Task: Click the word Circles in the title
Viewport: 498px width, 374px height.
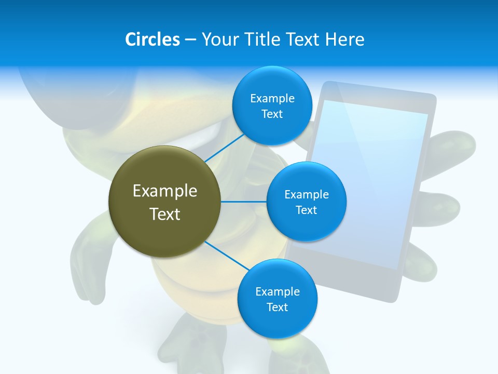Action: click(x=152, y=39)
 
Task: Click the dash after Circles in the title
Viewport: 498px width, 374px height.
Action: click(x=190, y=40)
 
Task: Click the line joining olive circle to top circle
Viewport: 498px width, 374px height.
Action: click(x=224, y=148)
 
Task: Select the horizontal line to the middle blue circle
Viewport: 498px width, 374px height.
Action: click(x=244, y=202)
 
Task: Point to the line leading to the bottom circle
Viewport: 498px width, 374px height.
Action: click(x=227, y=256)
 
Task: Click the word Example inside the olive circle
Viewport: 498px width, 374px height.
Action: click(x=165, y=191)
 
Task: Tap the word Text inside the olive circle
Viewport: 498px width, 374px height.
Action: click(x=165, y=213)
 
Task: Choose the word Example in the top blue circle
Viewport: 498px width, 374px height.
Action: click(x=272, y=98)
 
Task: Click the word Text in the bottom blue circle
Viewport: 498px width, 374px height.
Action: click(x=277, y=307)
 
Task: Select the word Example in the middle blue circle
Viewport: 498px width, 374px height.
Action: click(x=307, y=194)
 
